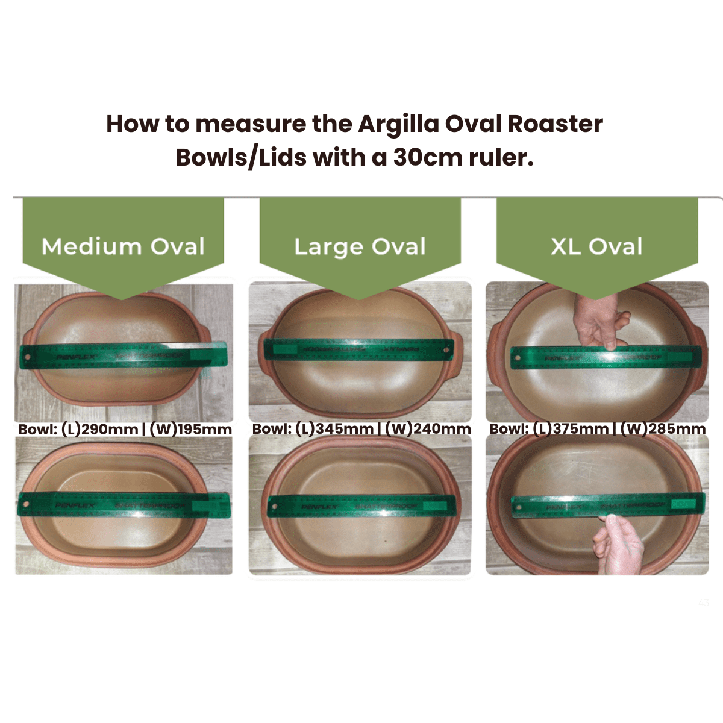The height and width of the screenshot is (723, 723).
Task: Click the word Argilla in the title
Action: click(x=398, y=124)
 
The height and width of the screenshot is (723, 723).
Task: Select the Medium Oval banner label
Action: click(x=123, y=246)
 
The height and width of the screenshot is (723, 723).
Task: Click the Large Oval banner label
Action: click(x=360, y=246)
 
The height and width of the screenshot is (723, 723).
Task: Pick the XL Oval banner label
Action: click(x=596, y=246)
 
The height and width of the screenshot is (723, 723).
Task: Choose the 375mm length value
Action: click(x=581, y=429)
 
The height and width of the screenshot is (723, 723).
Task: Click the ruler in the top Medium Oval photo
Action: click(x=124, y=356)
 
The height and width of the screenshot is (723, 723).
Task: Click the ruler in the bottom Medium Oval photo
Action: click(x=124, y=505)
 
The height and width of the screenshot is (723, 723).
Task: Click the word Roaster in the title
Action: click(x=555, y=124)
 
